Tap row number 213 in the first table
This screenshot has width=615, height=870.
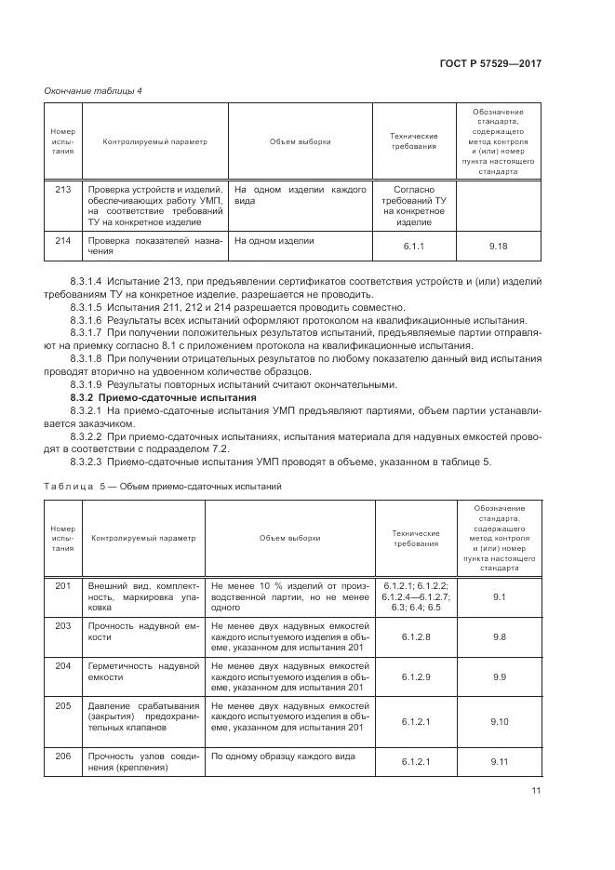62,189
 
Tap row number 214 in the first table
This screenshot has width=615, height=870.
62,241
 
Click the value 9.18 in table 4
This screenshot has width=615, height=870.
499,247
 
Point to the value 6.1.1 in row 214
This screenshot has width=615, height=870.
412,247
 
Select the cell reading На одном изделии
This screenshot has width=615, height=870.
274,241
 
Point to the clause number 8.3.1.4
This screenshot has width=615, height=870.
87,280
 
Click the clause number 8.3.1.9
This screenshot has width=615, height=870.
87,384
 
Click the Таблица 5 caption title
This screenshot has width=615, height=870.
164,486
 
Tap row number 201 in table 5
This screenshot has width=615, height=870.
62,585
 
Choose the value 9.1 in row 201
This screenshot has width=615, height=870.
499,596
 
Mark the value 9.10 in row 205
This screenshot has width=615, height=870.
499,721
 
